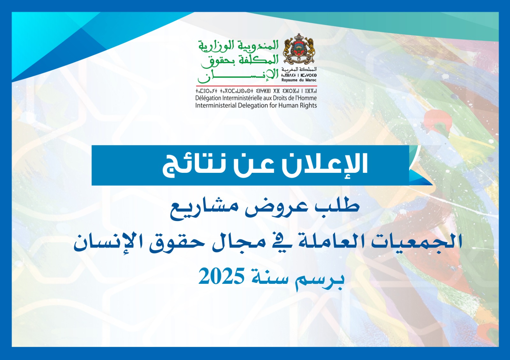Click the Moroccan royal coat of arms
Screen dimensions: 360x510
(299, 50)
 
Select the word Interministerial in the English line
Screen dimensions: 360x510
(216, 106)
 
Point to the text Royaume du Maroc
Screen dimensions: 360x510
(299, 80)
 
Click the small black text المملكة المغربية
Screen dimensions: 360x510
(299, 70)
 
